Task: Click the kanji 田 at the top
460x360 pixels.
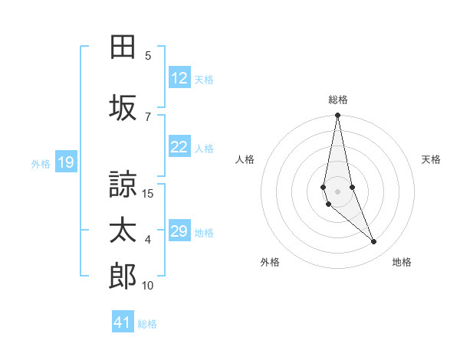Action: pyautogui.click(x=123, y=47)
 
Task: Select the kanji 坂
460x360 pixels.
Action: pyautogui.click(x=123, y=108)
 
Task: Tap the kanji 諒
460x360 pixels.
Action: pyautogui.click(x=123, y=184)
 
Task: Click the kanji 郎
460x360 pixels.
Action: pyautogui.click(x=123, y=277)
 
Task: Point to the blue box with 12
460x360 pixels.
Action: pyautogui.click(x=179, y=78)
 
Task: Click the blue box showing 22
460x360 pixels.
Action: pyautogui.click(x=179, y=148)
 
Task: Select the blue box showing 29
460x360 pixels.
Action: pyautogui.click(x=179, y=231)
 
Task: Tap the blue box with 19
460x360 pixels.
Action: pyautogui.click(x=65, y=162)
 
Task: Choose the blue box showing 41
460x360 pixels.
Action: pyautogui.click(x=123, y=322)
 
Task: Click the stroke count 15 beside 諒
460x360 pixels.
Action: pyautogui.click(x=149, y=193)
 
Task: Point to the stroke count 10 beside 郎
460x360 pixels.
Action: pyautogui.click(x=148, y=285)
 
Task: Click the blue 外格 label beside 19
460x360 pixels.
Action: pyautogui.click(x=41, y=163)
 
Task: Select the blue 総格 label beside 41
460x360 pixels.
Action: pyautogui.click(x=147, y=323)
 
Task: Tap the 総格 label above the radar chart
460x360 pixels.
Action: pyautogui.click(x=338, y=100)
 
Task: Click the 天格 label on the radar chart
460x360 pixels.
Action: pyautogui.click(x=431, y=159)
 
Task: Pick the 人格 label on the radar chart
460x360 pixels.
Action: pyautogui.click(x=245, y=159)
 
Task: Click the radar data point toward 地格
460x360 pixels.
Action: pyautogui.click(x=374, y=242)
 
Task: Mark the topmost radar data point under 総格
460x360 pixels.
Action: pyautogui.click(x=337, y=116)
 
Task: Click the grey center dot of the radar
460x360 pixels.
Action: pyautogui.click(x=337, y=191)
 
